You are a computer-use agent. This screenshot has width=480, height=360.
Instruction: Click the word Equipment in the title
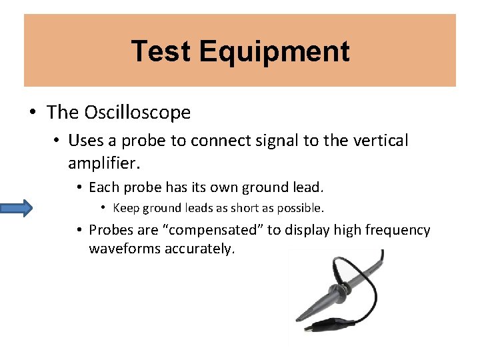pos(274,51)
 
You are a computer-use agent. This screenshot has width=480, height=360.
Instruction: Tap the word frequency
pos(395,231)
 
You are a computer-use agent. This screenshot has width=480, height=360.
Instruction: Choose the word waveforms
pos(121,249)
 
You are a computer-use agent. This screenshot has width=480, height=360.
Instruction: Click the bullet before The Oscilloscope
pos(33,113)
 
